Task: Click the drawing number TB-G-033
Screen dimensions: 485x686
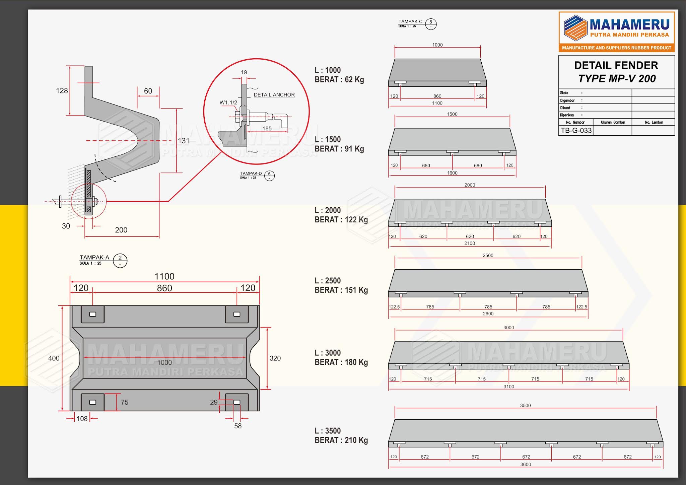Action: click(x=576, y=131)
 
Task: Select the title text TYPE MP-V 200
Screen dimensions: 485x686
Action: click(x=617, y=79)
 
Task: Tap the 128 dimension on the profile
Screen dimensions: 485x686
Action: click(x=62, y=91)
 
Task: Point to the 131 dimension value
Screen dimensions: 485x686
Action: click(x=184, y=141)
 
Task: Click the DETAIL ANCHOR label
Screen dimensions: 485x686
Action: click(x=274, y=95)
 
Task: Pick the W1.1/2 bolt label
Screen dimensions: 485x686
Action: click(x=228, y=102)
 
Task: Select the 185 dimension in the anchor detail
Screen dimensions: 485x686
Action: click(x=267, y=129)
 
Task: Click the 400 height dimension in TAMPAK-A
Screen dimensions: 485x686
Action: click(x=54, y=358)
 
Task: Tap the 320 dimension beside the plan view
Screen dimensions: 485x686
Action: click(x=275, y=358)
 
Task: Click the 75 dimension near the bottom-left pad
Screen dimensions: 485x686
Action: click(x=125, y=402)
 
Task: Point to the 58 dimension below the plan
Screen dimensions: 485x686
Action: click(x=238, y=426)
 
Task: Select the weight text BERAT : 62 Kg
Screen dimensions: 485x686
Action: click(x=339, y=80)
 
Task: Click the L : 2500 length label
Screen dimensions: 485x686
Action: click(x=328, y=281)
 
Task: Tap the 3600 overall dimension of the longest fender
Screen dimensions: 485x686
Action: click(x=526, y=465)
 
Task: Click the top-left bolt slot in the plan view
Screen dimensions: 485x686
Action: click(x=93, y=314)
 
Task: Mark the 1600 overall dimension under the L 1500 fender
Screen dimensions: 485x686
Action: click(x=452, y=173)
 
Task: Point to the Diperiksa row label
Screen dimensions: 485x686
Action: click(x=567, y=115)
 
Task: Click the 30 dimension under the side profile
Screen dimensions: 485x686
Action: click(x=66, y=226)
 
